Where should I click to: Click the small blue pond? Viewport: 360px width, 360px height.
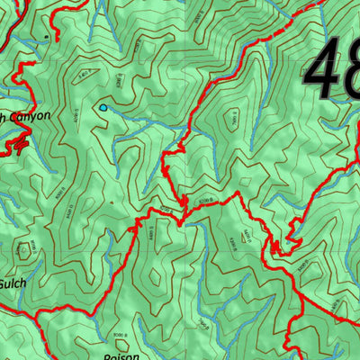click(103, 108)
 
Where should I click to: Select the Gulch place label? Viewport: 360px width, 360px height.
click(13, 283)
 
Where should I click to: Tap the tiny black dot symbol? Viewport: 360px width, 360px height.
click(46, 36)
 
